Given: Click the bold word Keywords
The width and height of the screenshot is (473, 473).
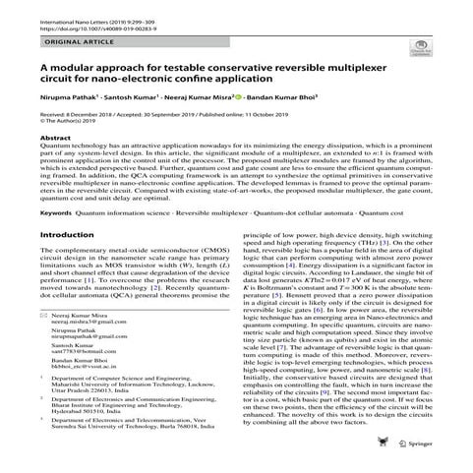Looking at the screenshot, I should tap(57, 212).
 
